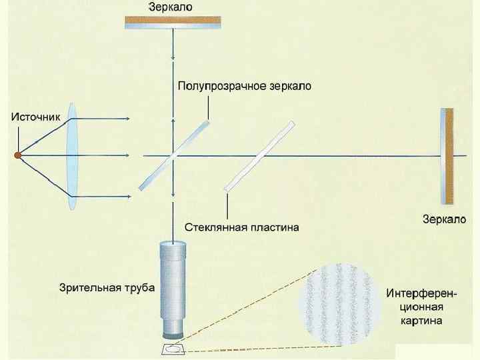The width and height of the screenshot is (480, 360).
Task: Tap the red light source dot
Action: (19, 155)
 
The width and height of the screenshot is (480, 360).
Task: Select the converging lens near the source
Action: (73, 156)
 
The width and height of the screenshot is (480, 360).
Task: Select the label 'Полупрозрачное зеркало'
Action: (244, 86)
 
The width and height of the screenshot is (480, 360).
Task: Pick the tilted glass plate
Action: (259, 156)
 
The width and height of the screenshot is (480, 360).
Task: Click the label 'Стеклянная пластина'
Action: (241, 227)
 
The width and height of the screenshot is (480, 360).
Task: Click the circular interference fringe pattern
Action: (339, 304)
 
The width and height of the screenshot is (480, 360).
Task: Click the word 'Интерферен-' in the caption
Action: (421, 293)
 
